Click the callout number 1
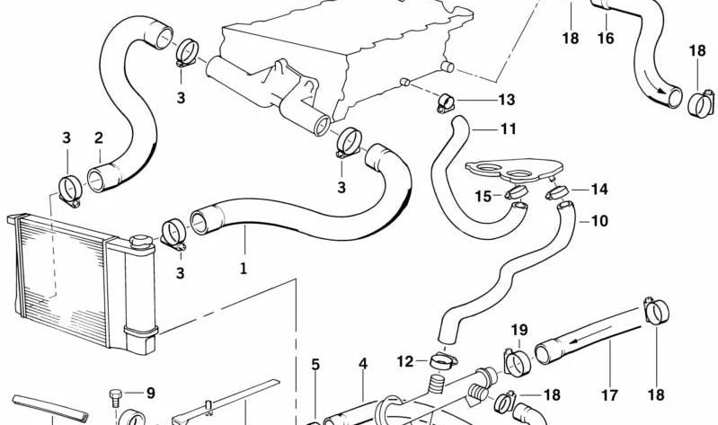[242, 267]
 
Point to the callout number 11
[508, 129]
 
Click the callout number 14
[599, 189]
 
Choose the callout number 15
[483, 196]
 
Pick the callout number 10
[599, 220]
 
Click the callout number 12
[405, 361]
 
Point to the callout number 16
[605, 39]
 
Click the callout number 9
[150, 393]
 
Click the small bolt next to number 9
[115, 394]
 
